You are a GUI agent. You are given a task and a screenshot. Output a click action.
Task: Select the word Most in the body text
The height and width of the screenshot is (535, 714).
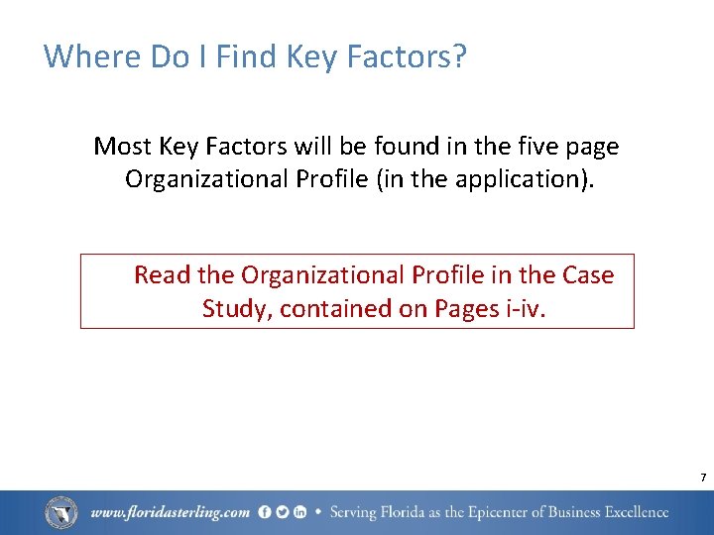tap(123, 147)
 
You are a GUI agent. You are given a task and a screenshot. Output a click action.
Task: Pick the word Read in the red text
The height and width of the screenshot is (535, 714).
tap(163, 274)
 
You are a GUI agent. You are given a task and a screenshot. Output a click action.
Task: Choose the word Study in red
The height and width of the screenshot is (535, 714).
tap(236, 308)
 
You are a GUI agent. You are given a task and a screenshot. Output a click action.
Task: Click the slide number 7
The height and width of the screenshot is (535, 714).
tap(702, 479)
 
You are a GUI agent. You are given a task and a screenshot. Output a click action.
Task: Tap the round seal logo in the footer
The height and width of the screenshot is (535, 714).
tap(61, 512)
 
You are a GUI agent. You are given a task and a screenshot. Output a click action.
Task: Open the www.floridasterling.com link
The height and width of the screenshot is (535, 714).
tap(170, 513)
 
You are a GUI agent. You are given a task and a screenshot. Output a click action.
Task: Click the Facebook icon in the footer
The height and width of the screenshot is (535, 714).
tap(265, 512)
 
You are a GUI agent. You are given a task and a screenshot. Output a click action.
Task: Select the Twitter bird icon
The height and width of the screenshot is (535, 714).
tap(282, 512)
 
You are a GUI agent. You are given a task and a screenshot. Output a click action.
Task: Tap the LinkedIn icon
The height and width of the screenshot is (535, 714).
tap(298, 512)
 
